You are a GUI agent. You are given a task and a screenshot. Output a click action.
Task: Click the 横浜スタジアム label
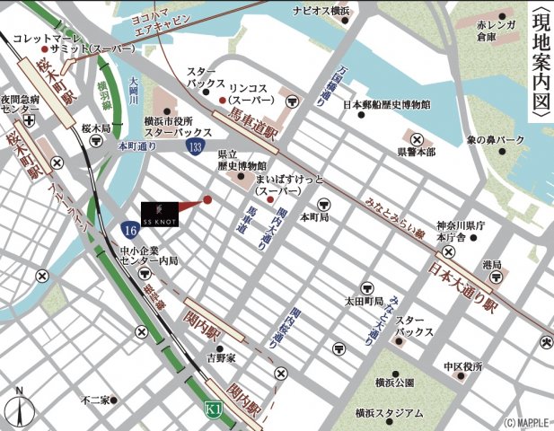(x=388, y=413)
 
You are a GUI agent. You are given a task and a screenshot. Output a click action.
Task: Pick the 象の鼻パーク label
(x=495, y=140)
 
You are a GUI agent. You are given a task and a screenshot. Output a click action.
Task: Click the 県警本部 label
(x=417, y=153)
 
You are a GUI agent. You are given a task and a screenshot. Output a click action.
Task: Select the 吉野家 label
(x=220, y=357)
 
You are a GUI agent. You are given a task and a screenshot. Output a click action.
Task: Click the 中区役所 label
(x=462, y=367)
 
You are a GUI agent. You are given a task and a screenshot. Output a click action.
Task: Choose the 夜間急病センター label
(x=20, y=104)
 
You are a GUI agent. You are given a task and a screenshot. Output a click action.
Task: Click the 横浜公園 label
(x=395, y=383)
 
